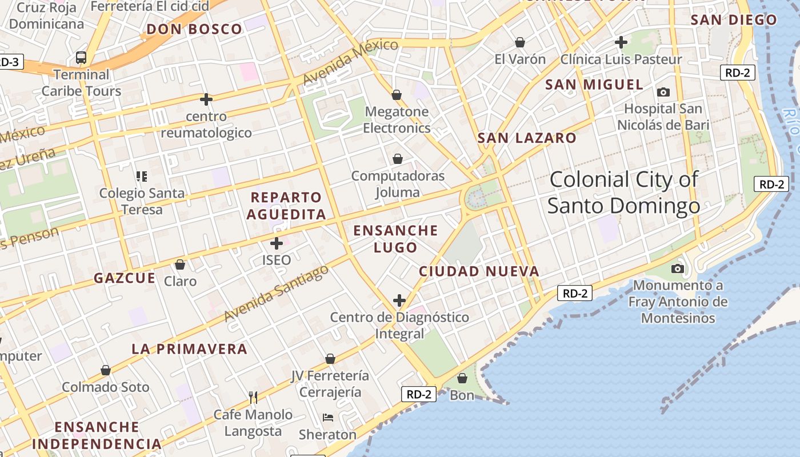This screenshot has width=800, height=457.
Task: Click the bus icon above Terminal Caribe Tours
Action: (x=81, y=58)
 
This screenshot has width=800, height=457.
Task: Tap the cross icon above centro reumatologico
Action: (x=206, y=99)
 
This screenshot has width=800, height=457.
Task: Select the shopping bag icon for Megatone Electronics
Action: (x=397, y=94)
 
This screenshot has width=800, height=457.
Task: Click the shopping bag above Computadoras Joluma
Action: (x=398, y=159)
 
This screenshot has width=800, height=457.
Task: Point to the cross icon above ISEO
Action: (x=277, y=243)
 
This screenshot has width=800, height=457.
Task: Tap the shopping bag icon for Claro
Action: (x=180, y=264)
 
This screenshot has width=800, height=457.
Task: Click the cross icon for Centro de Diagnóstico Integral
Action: (x=399, y=300)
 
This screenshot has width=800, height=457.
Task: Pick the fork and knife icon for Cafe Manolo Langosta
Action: (x=253, y=398)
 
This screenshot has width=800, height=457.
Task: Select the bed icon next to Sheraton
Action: (x=328, y=418)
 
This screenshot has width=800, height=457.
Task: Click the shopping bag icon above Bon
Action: (x=462, y=378)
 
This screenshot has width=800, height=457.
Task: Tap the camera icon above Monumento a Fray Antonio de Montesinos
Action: (x=678, y=268)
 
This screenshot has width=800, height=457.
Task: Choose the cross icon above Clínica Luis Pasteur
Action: (x=621, y=42)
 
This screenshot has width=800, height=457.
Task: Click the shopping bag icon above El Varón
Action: (x=520, y=42)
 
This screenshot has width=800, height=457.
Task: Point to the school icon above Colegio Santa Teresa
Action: (x=142, y=177)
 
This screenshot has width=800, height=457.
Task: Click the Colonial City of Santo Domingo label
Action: (x=623, y=193)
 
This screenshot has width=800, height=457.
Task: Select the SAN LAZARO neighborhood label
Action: (x=527, y=138)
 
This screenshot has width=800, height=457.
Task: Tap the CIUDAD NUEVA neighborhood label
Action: (x=479, y=271)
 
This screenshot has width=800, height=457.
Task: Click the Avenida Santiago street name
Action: (x=277, y=292)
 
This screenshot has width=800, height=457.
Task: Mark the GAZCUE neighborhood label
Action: (x=125, y=278)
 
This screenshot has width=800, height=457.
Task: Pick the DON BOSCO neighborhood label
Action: (x=195, y=30)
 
